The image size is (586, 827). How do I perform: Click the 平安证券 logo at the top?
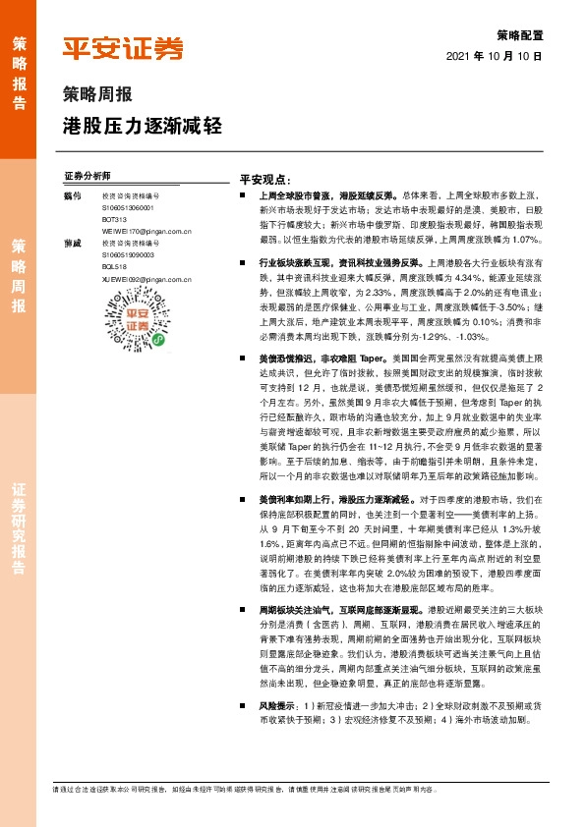tap(123, 47)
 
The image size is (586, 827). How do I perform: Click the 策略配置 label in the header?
tap(520, 33)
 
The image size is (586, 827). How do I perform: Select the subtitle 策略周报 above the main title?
tap(90, 95)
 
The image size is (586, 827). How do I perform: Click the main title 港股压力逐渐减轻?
tap(143, 126)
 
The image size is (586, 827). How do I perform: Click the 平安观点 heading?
tap(266, 180)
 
